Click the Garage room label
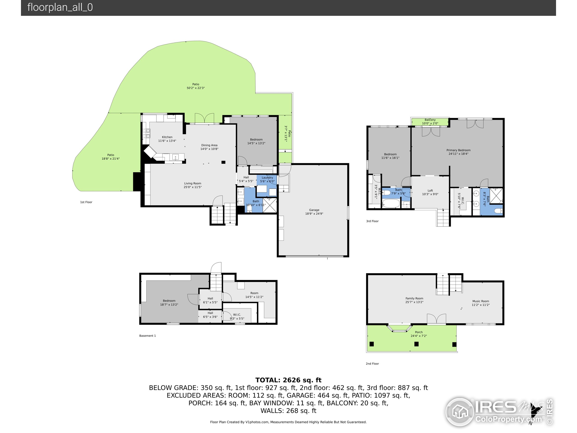point(314,210)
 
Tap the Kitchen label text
point(167,137)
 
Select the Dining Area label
point(209,145)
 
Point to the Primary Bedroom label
point(458,150)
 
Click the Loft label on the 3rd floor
point(430,191)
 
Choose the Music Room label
point(481,301)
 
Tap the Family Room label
point(414,298)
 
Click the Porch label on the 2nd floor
point(419,332)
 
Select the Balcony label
point(430,120)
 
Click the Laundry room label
point(267,177)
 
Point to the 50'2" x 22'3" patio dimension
point(196,88)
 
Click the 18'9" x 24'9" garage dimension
point(314,214)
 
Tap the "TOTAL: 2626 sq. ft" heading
point(288,380)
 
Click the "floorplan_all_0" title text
point(60,7)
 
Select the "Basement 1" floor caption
point(147,336)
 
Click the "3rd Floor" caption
point(372,221)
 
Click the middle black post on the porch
point(416,344)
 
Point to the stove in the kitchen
point(146,133)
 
